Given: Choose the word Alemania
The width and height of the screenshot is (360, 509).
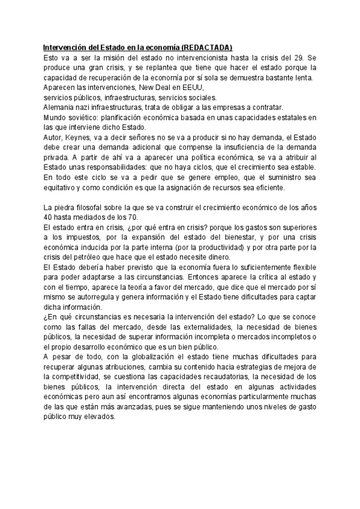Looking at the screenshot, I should click(x=59, y=107).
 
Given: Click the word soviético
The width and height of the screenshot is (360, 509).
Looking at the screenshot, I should click(x=85, y=118).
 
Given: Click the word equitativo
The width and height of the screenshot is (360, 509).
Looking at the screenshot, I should click(x=62, y=187).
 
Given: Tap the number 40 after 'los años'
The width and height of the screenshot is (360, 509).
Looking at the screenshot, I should click(x=49, y=217).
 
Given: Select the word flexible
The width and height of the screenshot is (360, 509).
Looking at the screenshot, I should click(x=302, y=268).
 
